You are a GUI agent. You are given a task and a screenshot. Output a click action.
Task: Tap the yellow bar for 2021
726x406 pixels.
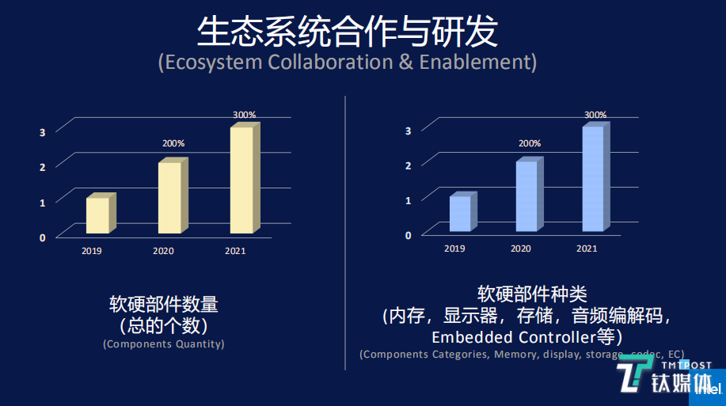241,180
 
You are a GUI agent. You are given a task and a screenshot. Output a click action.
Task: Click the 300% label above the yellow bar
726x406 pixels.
244,115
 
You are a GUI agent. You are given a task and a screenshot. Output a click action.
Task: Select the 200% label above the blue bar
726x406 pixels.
530,143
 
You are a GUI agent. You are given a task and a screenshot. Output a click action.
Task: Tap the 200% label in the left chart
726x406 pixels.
173,144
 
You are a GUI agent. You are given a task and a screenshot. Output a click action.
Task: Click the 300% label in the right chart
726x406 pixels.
595,115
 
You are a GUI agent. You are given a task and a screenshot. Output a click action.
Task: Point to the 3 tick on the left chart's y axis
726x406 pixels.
43,131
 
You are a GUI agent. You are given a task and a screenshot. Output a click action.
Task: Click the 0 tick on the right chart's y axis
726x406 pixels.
409,235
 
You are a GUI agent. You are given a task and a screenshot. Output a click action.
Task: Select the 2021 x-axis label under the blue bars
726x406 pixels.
586,249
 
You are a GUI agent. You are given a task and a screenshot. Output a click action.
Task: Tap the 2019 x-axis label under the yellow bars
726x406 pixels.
91,251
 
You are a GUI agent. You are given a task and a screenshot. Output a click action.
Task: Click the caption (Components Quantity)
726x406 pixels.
164,344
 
